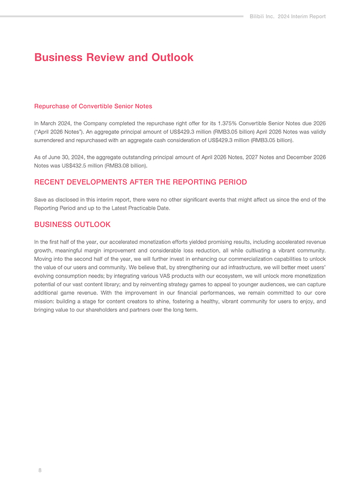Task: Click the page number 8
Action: click(x=40, y=470)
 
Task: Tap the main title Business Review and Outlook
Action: click(x=114, y=57)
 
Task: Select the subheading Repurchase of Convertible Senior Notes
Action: click(x=93, y=106)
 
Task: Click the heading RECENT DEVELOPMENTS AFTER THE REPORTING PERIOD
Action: click(x=140, y=182)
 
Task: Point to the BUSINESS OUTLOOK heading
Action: click(x=72, y=225)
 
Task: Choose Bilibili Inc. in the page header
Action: click(x=263, y=17)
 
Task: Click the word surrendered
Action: click(x=51, y=140)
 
